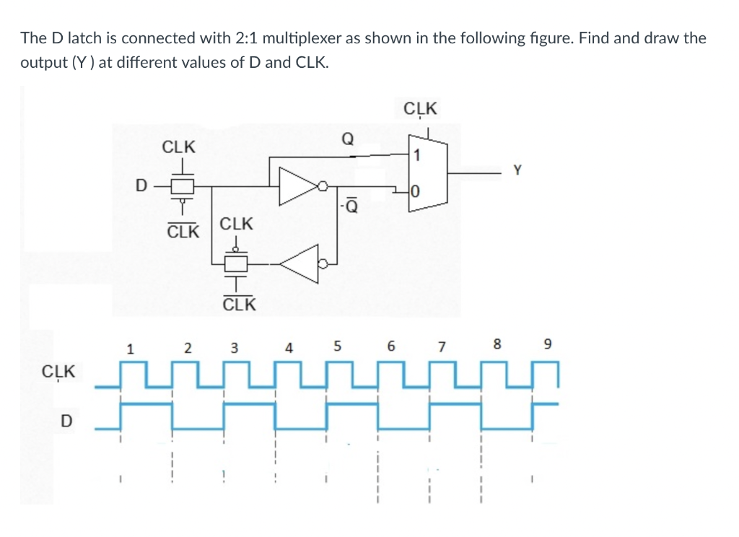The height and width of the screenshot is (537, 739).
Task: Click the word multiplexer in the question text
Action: point(306,38)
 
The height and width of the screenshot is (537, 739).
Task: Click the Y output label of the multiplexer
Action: point(516,170)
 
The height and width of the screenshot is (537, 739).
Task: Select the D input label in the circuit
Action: point(141,186)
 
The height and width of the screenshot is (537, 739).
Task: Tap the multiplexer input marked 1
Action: point(416,154)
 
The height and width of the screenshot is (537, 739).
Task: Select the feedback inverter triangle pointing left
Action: point(303,263)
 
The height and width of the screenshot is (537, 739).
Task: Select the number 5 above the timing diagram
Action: point(338,346)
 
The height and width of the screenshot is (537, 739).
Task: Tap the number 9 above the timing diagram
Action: point(548,345)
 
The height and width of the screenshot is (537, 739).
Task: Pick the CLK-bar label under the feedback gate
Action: point(239,304)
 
